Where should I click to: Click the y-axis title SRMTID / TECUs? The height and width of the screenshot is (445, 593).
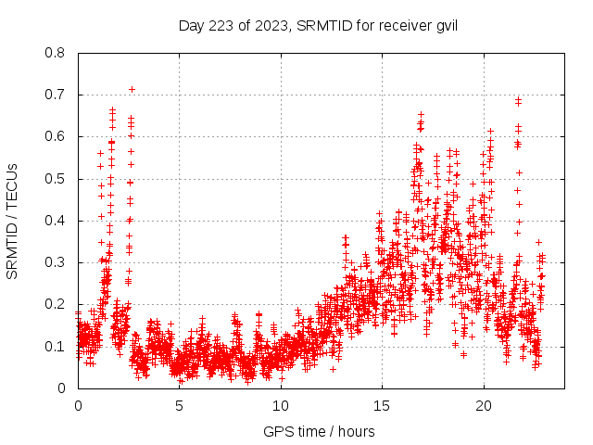tap(13, 221)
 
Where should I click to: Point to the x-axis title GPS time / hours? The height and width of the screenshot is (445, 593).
tap(319, 431)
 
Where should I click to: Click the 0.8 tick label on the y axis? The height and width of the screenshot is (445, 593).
tap(56, 53)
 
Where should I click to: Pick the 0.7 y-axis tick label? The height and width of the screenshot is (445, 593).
tap(56, 95)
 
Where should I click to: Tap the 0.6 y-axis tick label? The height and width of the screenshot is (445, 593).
tap(56, 136)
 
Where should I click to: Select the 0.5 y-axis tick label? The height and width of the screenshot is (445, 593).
tap(56, 179)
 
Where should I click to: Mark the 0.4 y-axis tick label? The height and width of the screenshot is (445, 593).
tap(56, 221)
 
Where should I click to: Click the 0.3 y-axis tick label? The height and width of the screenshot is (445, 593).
tap(56, 262)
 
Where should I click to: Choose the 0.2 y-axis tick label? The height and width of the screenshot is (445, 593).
tap(56, 304)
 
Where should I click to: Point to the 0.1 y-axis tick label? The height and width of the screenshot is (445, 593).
tap(56, 346)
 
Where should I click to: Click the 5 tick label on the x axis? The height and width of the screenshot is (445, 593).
tap(179, 406)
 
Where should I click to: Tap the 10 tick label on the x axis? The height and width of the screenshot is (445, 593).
tap(281, 406)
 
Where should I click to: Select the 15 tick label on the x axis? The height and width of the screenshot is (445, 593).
tap(382, 406)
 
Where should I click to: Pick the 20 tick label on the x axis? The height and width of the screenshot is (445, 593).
tap(483, 406)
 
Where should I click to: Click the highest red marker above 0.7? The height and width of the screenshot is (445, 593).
tap(132, 89)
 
